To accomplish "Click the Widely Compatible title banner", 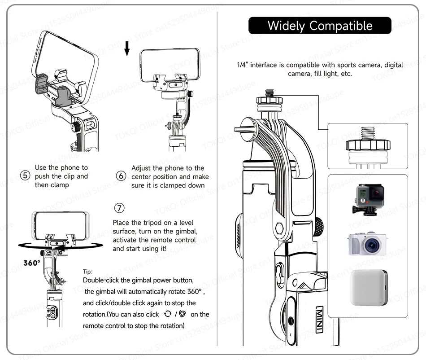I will [x=320, y=26].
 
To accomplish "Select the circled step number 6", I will [x=121, y=176].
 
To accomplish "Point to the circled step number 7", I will [x=119, y=208].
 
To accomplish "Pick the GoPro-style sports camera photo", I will [x=369, y=200].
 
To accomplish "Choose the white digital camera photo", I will [x=368, y=244].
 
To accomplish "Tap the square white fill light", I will [x=369, y=287].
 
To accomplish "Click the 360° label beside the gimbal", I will [x=32, y=263].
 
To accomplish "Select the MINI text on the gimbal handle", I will [x=319, y=320].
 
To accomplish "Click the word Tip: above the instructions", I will [x=88, y=272].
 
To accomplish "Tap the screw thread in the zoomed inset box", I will [x=367, y=133].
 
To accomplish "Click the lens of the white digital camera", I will [x=372, y=246].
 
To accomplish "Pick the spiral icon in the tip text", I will [x=182, y=314].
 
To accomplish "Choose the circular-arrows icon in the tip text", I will [x=168, y=314].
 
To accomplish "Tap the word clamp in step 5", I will [x=59, y=185].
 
